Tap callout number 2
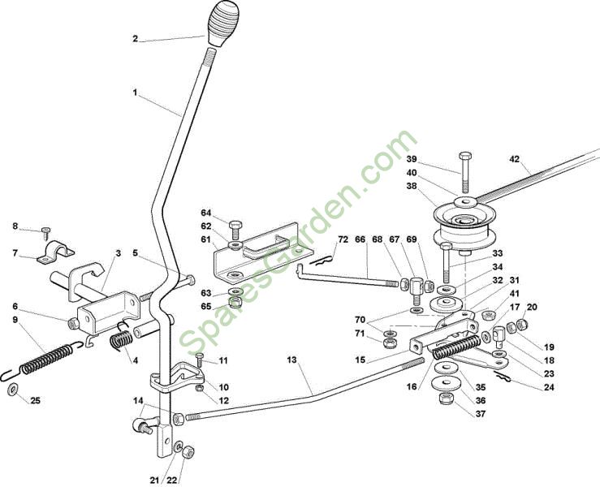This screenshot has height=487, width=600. tap(136, 38)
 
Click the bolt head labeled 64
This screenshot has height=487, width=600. tap(235, 224)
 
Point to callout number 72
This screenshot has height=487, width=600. tap(343, 240)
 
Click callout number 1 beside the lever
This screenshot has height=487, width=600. tap(136, 93)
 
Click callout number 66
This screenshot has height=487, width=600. tap(360, 240)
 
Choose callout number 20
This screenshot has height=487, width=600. tap(533, 308)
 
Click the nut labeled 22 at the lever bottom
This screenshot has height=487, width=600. tap(184, 451)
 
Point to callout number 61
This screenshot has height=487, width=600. tap(206, 239)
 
